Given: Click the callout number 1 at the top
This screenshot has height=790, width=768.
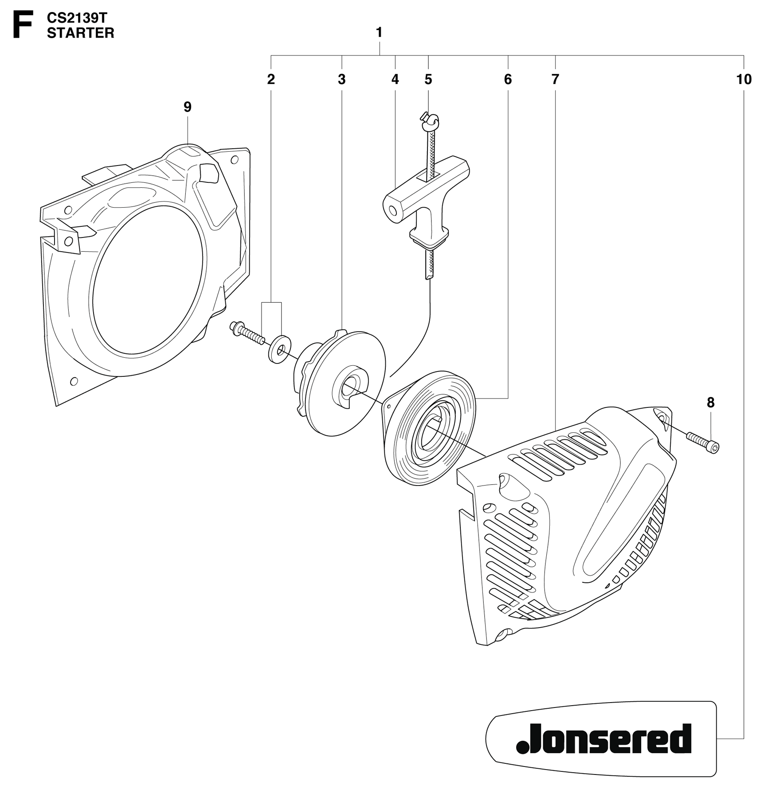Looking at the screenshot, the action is coord(379,32).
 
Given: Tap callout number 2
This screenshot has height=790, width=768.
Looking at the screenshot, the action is coord(271,79).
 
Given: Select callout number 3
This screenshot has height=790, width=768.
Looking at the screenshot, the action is coord(341,79).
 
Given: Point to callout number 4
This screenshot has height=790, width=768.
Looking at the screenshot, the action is coord(395,79).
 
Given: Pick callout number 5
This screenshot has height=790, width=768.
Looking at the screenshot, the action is coord(428,79).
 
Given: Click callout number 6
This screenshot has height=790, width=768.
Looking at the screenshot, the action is coord(508,79).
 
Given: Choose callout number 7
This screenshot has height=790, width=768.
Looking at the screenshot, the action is coord(555,79).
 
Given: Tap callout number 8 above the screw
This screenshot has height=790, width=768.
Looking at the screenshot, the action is coord(711,403).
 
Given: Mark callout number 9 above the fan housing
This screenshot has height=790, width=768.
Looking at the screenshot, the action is coord(188,107).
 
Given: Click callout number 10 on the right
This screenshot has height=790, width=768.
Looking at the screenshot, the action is coord(744,79).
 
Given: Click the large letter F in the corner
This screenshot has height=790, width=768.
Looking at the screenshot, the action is coord(23,26).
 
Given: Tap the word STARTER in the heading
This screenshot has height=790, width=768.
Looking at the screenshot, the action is coord(81,33).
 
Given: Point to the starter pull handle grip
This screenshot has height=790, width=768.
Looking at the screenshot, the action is coord(426,200).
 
